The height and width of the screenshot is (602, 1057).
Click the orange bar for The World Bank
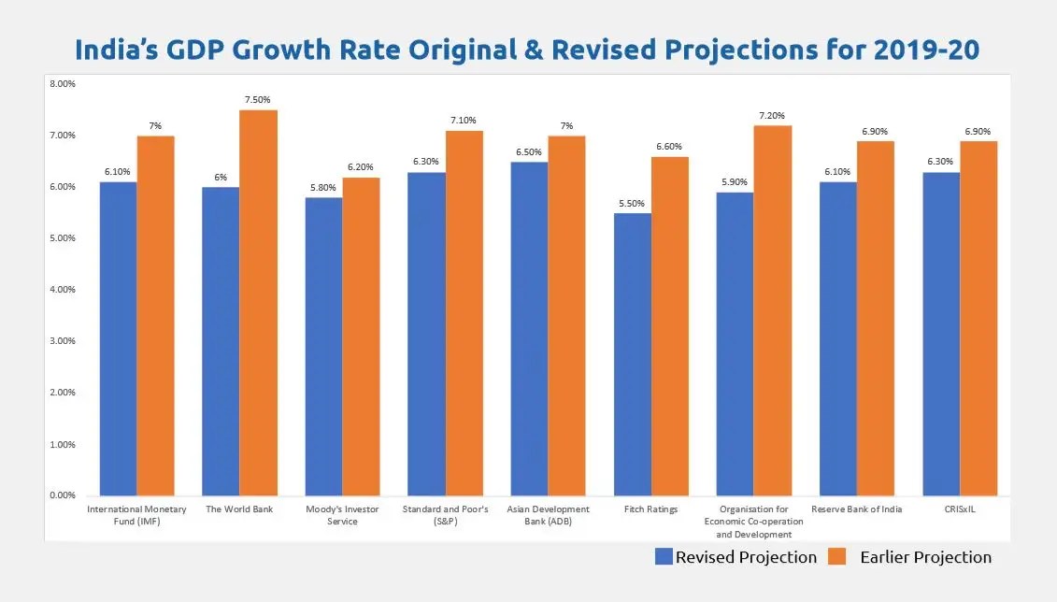(x=259, y=303)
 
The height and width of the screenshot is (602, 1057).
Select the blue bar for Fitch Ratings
(x=633, y=354)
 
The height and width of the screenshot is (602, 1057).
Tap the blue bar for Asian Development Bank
(x=529, y=329)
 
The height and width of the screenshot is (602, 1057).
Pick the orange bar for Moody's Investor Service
(x=361, y=337)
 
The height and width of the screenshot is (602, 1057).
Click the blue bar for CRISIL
(x=941, y=334)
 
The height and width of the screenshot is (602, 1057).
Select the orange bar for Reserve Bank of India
(x=876, y=319)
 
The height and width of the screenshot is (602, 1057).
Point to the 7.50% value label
(x=259, y=100)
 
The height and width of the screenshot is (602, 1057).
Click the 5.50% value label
(x=632, y=203)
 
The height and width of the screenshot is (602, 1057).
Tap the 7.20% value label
(x=773, y=115)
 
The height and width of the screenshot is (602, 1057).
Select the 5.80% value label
(x=323, y=187)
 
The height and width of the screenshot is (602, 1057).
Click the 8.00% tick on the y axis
(x=63, y=84)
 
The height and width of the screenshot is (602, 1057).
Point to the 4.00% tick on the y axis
(x=63, y=290)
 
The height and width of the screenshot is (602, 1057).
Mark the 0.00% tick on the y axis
(x=63, y=495)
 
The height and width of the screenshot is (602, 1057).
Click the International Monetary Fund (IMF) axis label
(x=136, y=515)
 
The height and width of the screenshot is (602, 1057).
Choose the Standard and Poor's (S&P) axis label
(x=445, y=515)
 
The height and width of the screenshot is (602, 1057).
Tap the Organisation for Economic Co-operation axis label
(x=753, y=522)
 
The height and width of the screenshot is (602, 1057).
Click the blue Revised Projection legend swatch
(x=664, y=557)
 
